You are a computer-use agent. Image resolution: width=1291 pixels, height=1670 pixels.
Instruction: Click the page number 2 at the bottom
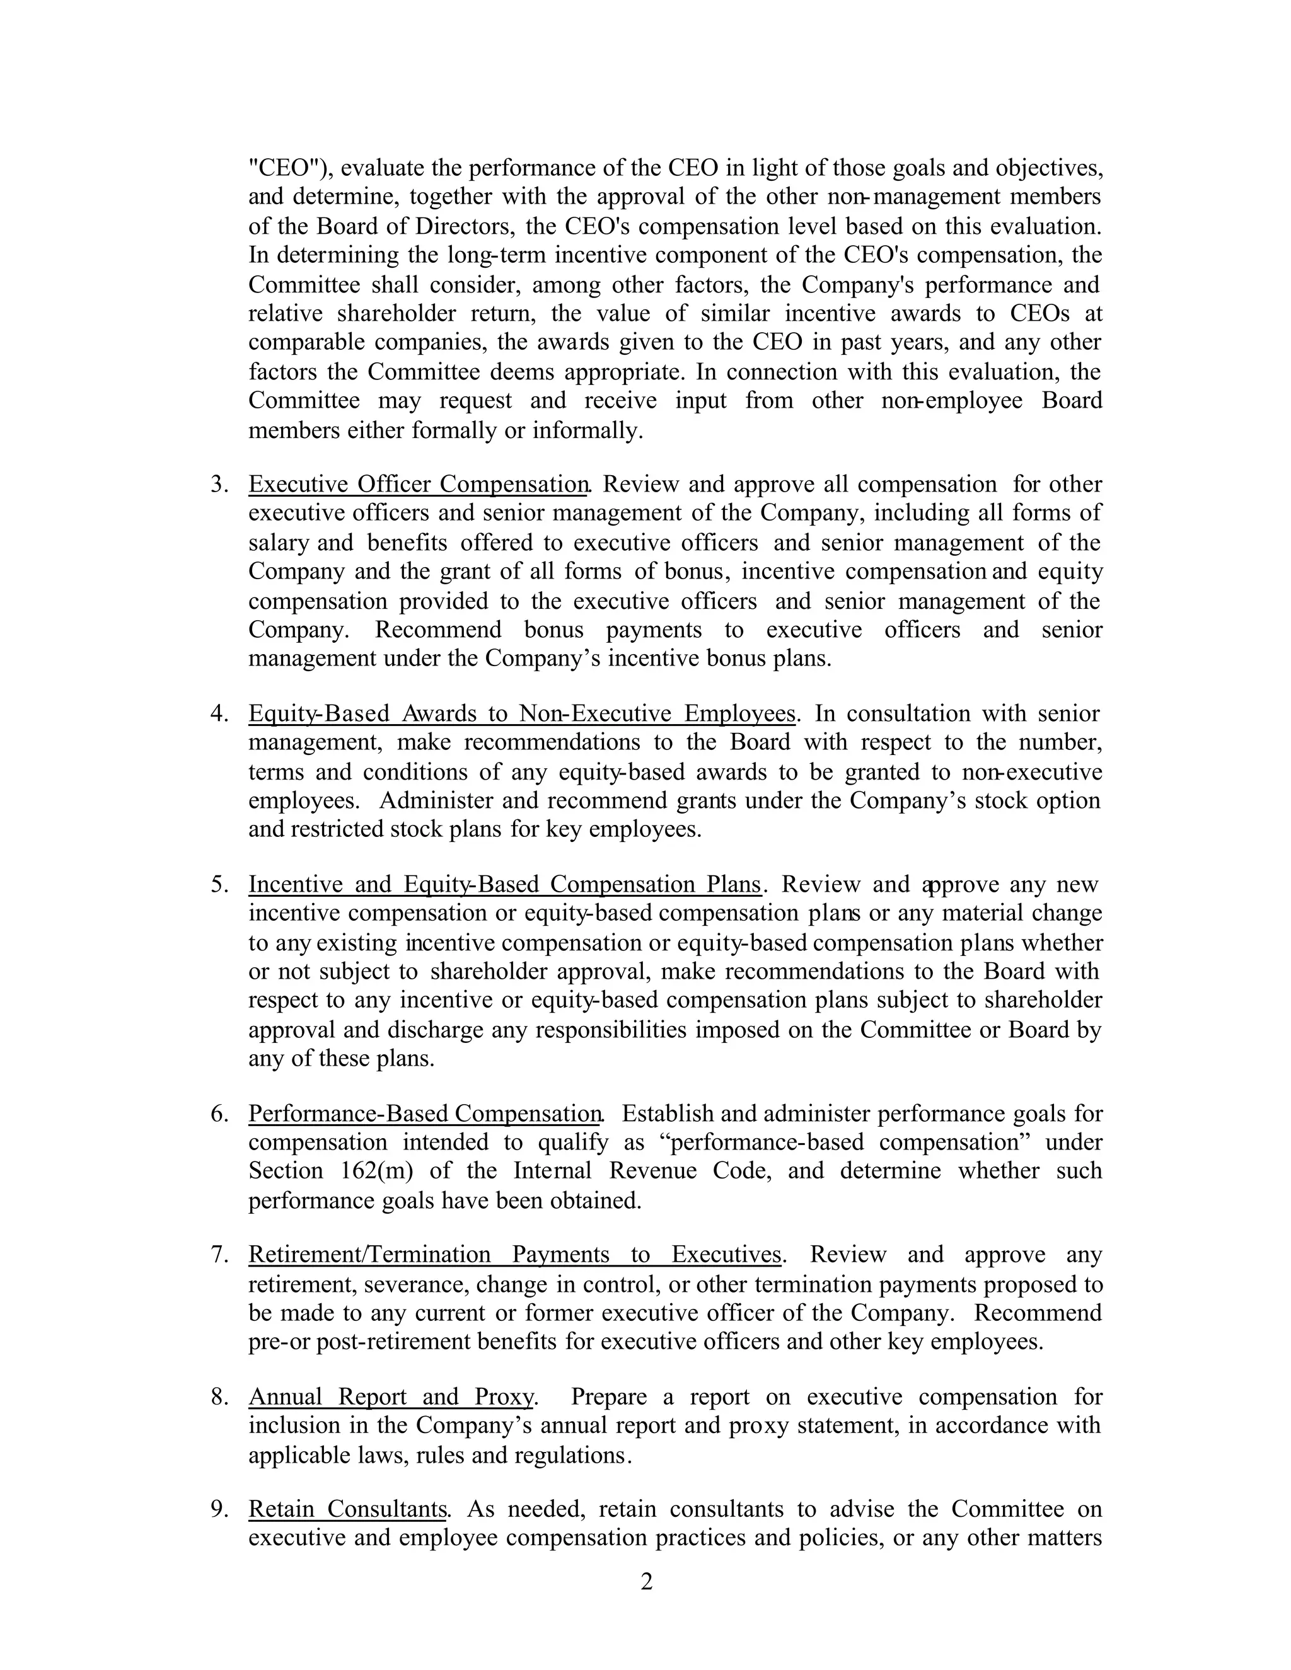tap(646, 1581)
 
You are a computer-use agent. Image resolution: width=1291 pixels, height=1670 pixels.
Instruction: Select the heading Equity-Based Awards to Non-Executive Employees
tap(521, 713)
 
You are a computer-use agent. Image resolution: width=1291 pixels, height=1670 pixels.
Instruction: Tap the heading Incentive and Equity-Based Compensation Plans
tap(505, 884)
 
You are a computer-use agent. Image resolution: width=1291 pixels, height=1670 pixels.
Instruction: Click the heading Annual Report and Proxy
tap(390, 1396)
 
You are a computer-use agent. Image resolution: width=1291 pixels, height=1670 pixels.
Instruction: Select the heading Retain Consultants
tap(348, 1509)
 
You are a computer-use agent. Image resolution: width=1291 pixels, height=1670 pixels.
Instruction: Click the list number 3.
tap(219, 485)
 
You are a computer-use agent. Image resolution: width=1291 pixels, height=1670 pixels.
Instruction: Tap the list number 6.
tap(219, 1114)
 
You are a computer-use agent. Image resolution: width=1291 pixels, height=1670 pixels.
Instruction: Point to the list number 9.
tap(219, 1509)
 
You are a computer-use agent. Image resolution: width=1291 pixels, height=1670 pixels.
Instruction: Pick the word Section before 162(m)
tap(286, 1171)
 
